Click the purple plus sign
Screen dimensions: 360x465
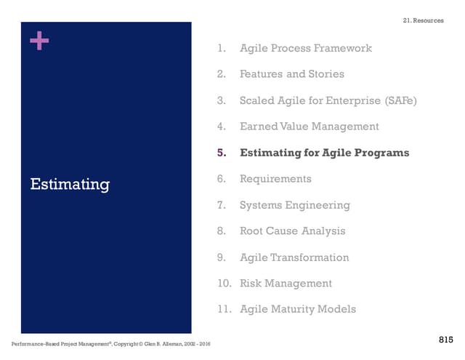(x=39, y=41)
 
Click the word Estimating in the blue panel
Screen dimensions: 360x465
(x=70, y=185)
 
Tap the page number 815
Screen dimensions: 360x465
(x=447, y=340)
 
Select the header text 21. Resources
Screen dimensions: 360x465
(x=423, y=20)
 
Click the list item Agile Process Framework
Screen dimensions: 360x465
(x=305, y=48)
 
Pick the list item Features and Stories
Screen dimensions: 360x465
(x=291, y=74)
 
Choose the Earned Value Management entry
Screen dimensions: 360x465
(x=309, y=127)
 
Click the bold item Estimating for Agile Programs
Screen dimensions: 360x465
(x=324, y=153)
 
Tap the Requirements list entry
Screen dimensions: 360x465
(x=275, y=179)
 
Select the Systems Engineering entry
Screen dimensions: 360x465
(x=294, y=205)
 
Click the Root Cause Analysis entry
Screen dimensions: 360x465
(x=292, y=231)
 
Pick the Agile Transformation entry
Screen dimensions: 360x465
(x=294, y=257)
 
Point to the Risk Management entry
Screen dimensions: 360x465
(x=286, y=284)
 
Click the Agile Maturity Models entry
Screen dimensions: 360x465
(x=298, y=310)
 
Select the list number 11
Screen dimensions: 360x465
(x=224, y=310)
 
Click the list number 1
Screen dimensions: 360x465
(x=221, y=48)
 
